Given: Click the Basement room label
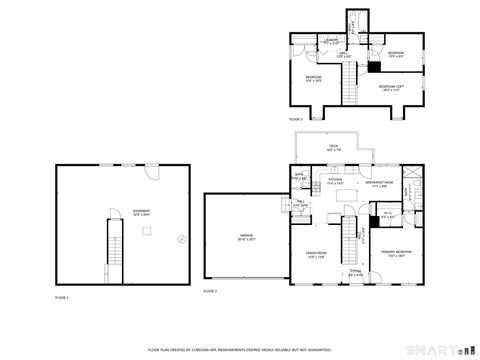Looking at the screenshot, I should point(142,212).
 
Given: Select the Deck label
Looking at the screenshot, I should point(333,147).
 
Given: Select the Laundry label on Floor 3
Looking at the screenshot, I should point(331,41).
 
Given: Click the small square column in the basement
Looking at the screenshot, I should point(145,232).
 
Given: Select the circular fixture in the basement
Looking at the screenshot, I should point(181,238).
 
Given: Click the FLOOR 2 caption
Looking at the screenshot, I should point(210,291).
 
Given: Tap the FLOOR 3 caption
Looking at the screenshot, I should point(296,119).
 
